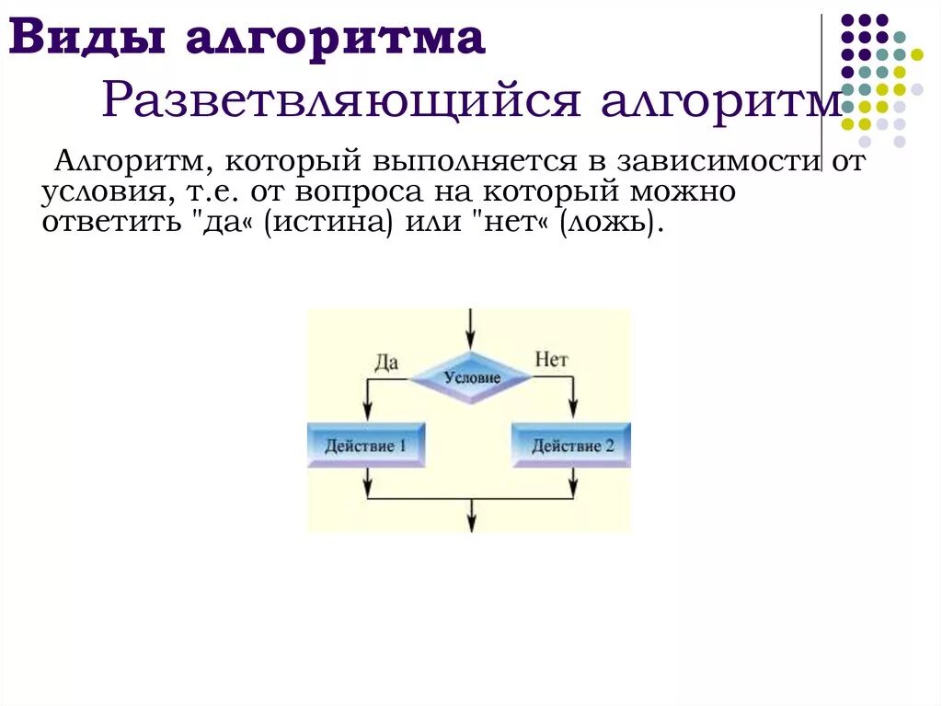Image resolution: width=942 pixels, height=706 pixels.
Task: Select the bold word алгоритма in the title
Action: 336,39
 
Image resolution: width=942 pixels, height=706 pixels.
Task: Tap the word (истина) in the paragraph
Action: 321,224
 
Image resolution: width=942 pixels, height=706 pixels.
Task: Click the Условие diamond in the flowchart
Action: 471,377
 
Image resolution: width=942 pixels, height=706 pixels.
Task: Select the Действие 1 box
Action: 366,446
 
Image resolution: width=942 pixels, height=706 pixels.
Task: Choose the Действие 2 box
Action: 572,446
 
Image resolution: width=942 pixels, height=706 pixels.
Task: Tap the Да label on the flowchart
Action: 386,362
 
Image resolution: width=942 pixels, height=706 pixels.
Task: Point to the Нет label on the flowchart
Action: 551,360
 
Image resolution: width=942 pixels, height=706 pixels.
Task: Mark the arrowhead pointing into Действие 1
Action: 367,414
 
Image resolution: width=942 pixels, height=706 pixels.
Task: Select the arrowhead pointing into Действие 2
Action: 575,414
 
